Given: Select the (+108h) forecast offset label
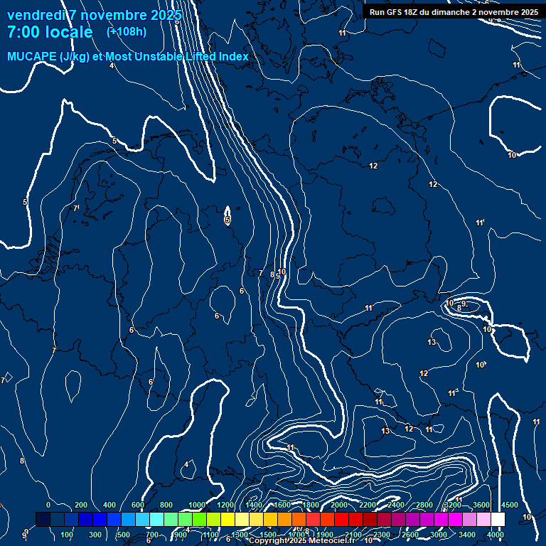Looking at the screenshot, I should pos(126,32).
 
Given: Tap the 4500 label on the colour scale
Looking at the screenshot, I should pos(510,505).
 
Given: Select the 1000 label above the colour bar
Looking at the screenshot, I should pos(197,505).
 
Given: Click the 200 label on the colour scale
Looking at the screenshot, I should pos(81,505).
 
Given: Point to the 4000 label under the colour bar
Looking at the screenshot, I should pos(496,535).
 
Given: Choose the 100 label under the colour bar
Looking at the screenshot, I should pos(68,535).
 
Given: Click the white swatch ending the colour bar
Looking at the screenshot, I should pos(498,520).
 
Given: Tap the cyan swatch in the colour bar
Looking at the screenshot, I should pos(156,520).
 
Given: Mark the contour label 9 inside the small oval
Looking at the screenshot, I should pos(464,304).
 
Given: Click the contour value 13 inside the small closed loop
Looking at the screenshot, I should pos(432,343).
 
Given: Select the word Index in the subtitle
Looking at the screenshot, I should pos(233,57).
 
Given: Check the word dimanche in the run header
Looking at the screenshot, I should pos(447,12).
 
